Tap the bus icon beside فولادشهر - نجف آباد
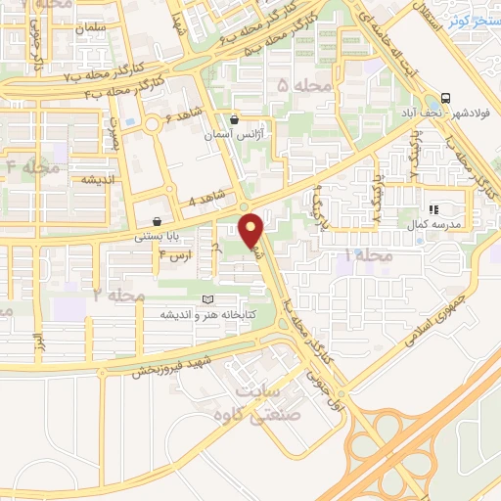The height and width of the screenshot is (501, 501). [x=446, y=98]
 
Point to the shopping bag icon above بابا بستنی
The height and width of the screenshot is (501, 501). [x=158, y=221]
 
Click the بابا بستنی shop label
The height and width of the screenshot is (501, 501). [x=157, y=237]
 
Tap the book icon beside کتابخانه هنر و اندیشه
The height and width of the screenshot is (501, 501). [x=206, y=299]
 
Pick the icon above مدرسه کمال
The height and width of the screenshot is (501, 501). [x=434, y=208]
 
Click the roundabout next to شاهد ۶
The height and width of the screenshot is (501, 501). [x=154, y=124]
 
